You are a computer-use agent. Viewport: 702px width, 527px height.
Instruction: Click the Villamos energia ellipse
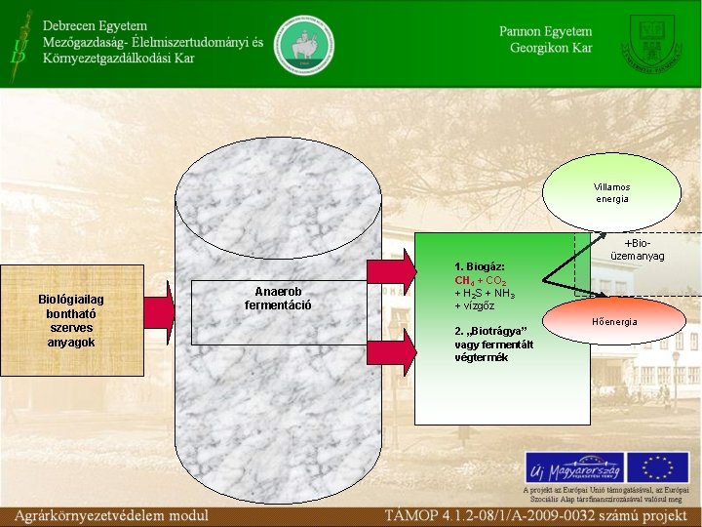point(611,192)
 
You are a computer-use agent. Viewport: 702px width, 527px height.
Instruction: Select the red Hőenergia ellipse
point(614,320)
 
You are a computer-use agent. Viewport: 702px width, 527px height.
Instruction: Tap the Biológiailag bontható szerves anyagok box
point(71,321)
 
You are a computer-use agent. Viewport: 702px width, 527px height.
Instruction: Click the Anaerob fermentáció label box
point(278,298)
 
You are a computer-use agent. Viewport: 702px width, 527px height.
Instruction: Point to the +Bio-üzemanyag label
point(638,249)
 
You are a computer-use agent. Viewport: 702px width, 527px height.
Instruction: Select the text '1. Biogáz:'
point(479,266)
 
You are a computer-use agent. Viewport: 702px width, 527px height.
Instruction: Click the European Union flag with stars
point(657,467)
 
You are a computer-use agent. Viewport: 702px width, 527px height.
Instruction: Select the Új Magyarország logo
point(574,467)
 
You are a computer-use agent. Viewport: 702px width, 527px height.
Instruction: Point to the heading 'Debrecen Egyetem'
point(95,25)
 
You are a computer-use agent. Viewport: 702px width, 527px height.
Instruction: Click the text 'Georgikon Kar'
point(551,49)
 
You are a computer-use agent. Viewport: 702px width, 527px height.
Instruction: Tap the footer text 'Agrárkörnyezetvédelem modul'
point(111,514)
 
